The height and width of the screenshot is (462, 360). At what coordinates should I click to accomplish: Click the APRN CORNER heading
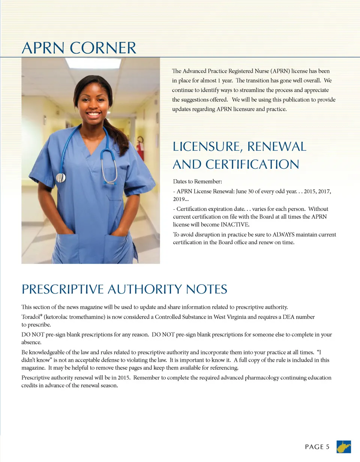point(79,48)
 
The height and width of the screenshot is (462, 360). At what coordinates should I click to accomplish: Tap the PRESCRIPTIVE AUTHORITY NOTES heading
point(124,289)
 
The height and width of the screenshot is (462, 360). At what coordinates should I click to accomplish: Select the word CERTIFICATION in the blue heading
point(252,165)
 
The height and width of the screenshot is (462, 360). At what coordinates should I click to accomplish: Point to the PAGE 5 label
point(317,447)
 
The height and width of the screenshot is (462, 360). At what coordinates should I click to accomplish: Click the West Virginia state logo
point(344,447)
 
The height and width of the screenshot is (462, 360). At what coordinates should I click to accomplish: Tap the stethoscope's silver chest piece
point(61,177)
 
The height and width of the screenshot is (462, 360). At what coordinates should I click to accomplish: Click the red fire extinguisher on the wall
point(141,149)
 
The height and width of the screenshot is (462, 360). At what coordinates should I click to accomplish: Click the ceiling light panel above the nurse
point(93,63)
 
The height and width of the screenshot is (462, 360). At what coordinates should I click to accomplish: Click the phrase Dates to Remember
point(198,182)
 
